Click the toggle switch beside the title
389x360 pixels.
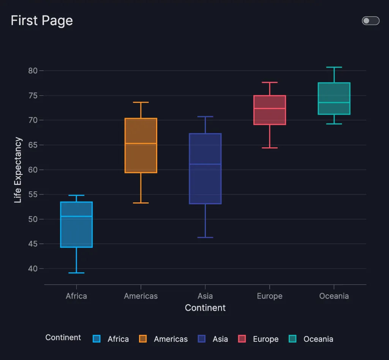370,21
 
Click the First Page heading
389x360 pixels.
42,21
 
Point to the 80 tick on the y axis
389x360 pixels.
33,71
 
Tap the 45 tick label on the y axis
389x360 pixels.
33,244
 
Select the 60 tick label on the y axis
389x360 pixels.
33,170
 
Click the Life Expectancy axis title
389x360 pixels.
18,170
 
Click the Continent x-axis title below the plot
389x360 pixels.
205,308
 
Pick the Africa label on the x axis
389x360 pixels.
76,296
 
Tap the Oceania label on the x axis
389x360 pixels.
334,296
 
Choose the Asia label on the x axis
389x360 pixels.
205,296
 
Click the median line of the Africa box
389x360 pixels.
76,216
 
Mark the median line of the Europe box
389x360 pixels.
270,109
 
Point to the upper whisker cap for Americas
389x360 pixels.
141,103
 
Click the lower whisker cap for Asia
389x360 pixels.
205,237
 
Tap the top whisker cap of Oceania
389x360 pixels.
334,67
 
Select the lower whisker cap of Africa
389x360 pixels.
76,273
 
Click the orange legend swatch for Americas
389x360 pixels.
143,339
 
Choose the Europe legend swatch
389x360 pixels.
242,339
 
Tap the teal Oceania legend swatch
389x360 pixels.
293,339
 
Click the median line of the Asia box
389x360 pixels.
205,164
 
